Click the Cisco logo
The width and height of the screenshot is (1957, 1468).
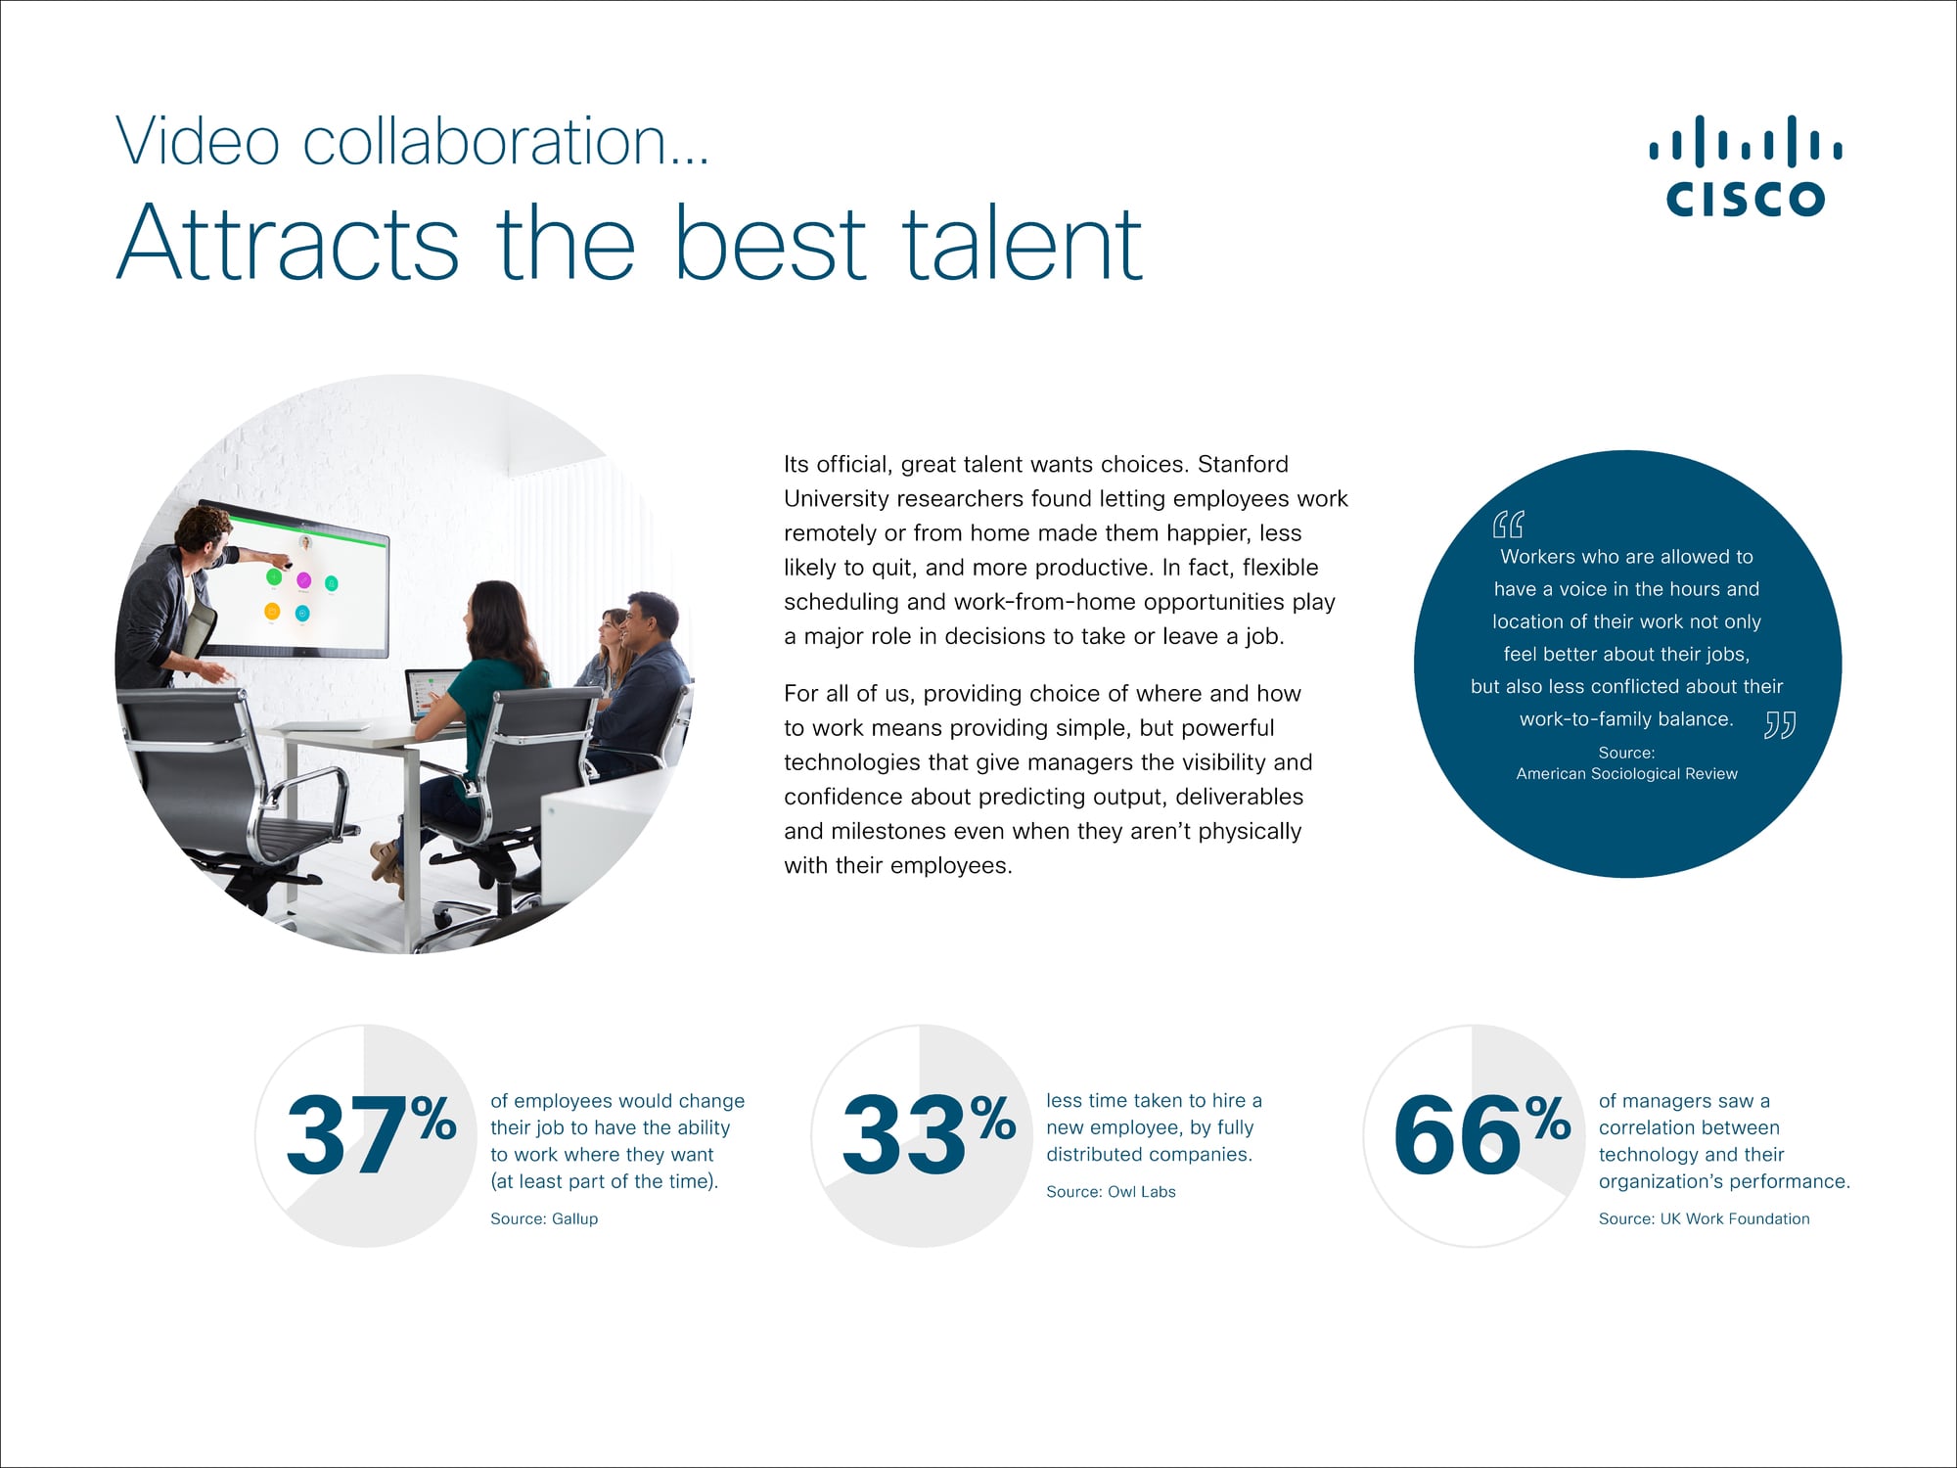coord(1746,165)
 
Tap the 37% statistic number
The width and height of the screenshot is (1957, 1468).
coord(371,1135)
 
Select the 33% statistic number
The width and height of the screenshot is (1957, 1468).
coord(928,1135)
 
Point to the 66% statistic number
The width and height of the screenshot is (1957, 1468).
coord(1481,1135)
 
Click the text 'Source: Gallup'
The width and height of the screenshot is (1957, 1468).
coord(544,1218)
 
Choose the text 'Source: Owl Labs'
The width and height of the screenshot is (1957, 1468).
coord(1111,1192)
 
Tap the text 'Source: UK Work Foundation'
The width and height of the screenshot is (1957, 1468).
coord(1704,1218)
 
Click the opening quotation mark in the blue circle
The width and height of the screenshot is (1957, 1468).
coord(1508,525)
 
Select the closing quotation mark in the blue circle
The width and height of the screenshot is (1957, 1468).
coord(1780,725)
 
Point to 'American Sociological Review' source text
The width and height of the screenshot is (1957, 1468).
coord(1626,773)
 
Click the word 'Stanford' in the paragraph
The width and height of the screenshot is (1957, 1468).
coord(1243,464)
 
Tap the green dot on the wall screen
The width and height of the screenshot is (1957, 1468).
coord(274,577)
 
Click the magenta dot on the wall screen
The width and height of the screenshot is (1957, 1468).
coord(303,581)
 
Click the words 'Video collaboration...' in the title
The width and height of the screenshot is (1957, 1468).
coord(412,142)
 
